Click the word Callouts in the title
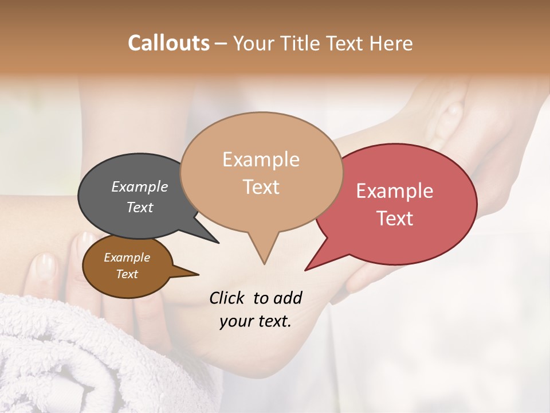(x=168, y=43)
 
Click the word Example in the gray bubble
(x=139, y=186)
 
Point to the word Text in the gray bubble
(x=139, y=207)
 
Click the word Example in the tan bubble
(x=261, y=159)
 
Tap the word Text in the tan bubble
(x=261, y=187)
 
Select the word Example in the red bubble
(x=395, y=191)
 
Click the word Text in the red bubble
(x=395, y=219)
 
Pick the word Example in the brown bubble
(x=127, y=258)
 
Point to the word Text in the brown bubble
(x=127, y=274)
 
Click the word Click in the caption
(x=227, y=298)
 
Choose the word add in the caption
(x=287, y=298)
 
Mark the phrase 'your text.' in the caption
(x=255, y=321)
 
